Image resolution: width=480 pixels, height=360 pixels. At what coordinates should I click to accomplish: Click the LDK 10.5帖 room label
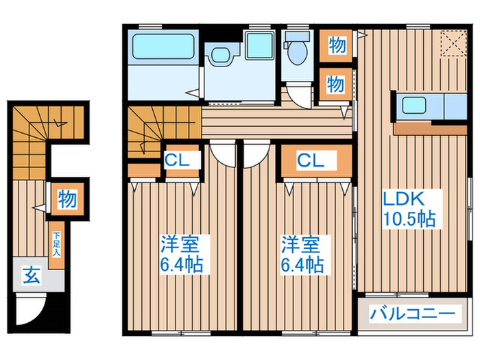click(409, 209)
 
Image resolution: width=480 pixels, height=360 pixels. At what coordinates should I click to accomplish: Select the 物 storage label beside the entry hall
click(67, 200)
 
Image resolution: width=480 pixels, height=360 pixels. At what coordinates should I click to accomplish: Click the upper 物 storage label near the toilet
click(336, 46)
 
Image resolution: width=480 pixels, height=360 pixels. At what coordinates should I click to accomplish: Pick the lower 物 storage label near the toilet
click(335, 84)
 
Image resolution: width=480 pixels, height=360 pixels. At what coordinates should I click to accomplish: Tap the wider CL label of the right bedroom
click(309, 160)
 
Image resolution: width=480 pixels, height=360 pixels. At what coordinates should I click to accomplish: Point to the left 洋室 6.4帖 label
click(181, 254)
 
